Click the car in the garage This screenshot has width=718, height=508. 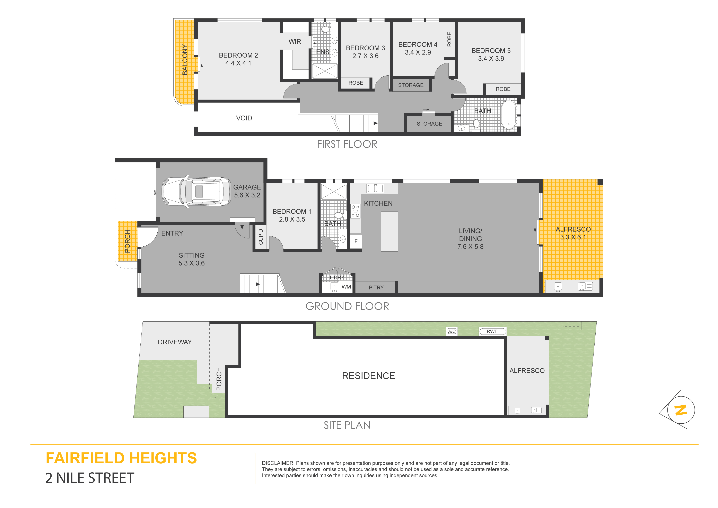[x=197, y=191]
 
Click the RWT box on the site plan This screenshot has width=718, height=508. [x=492, y=331]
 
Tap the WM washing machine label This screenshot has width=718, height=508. [x=346, y=287]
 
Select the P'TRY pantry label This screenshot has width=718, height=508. [x=376, y=287]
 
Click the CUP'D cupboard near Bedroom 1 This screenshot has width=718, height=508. [x=261, y=237]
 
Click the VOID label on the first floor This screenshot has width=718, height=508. [x=244, y=118]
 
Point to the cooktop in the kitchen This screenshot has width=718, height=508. [x=355, y=211]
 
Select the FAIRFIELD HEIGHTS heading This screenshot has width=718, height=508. [x=121, y=458]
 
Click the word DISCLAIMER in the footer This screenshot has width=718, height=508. [x=278, y=463]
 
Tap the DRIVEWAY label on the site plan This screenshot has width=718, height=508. [x=175, y=342]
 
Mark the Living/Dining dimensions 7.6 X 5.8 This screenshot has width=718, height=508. [x=470, y=247]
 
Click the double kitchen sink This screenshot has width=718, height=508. [x=375, y=188]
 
